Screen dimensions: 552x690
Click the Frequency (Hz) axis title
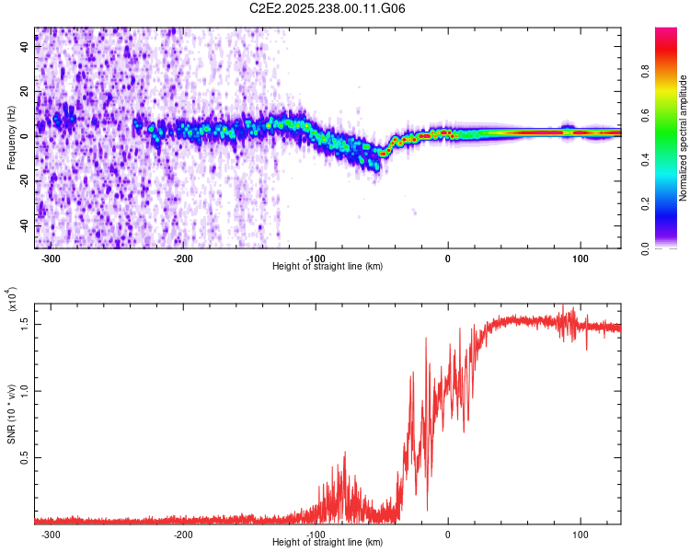[x=11, y=136]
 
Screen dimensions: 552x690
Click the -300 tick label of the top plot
[x=51, y=259]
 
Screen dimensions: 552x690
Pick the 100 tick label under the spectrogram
[x=581, y=259]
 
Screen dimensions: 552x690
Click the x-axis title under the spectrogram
[x=328, y=266]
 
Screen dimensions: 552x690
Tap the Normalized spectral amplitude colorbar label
[x=684, y=138]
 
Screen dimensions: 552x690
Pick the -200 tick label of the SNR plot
[x=182, y=534]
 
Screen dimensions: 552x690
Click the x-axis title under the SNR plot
[x=328, y=542]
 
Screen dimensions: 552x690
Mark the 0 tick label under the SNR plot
[x=448, y=534]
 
